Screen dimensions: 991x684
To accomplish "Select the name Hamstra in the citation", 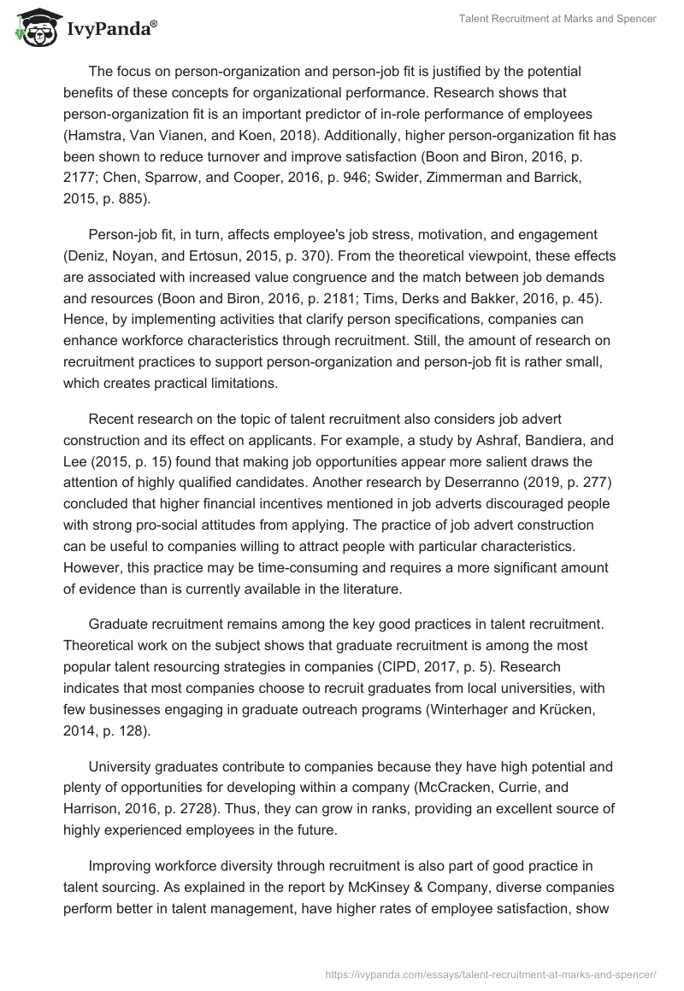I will (96, 136).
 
